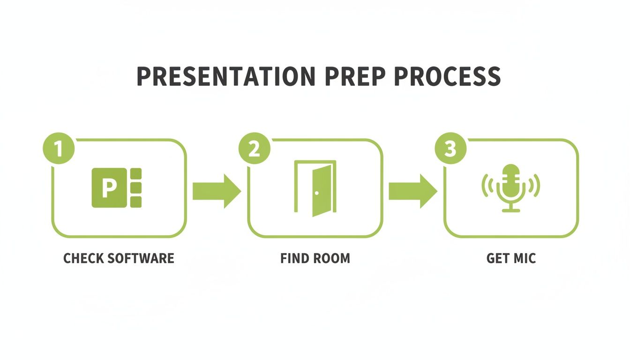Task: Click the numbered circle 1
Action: (x=59, y=149)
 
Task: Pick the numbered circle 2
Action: (x=254, y=149)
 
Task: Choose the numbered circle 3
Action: (x=450, y=149)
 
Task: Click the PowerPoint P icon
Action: (x=116, y=187)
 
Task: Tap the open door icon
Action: (x=315, y=189)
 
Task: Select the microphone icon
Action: (x=511, y=187)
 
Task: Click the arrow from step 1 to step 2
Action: (x=217, y=191)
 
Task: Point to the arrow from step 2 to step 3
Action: (x=412, y=191)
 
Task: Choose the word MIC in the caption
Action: (x=525, y=258)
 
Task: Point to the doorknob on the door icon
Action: (x=317, y=193)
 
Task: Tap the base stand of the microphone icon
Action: (x=511, y=210)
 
